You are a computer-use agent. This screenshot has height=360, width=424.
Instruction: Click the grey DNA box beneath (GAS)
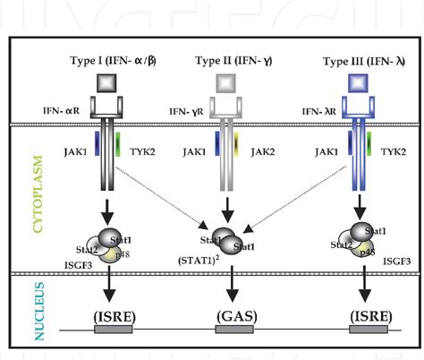pos(234,330)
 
